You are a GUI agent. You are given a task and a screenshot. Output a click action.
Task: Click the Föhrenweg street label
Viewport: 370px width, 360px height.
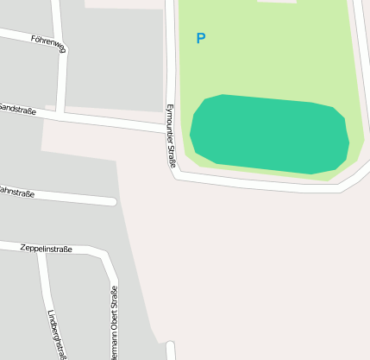47,40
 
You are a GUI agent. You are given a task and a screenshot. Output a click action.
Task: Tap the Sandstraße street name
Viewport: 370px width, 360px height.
17,109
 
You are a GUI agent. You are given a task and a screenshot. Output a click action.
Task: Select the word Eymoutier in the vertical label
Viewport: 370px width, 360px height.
169,123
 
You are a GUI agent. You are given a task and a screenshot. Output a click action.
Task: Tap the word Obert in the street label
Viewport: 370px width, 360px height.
113,319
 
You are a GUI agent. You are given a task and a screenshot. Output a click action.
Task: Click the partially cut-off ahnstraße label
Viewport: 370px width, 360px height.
17,193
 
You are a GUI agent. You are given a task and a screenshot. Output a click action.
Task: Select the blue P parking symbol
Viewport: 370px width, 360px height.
201,39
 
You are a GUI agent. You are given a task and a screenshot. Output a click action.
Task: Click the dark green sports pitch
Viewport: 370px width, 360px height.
269,135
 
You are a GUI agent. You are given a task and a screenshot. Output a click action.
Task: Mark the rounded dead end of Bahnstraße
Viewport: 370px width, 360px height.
112,202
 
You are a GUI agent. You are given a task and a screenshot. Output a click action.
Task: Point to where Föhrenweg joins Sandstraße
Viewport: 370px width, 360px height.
62,111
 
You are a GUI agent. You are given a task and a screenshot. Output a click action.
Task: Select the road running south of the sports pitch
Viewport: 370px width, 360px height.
259,184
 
